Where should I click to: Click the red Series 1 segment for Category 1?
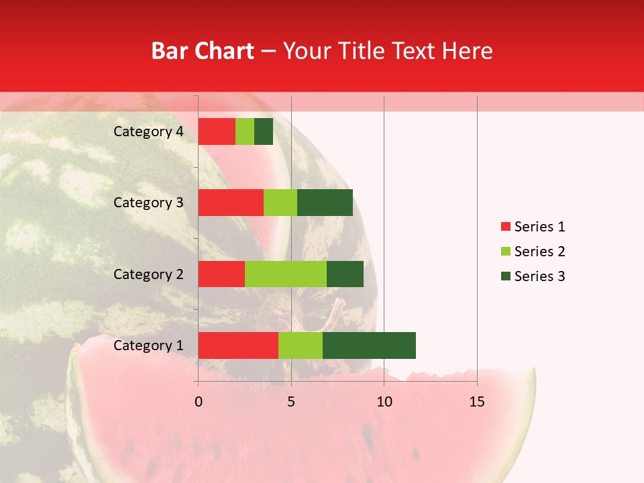pos(238,345)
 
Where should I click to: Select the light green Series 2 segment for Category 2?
pos(286,274)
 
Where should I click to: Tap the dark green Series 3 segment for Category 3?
pos(325,203)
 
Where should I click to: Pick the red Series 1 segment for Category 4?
pos(217,131)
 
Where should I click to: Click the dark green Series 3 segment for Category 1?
pos(369,345)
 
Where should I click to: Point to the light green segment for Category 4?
pos(245,131)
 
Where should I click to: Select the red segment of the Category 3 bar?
pos(231,203)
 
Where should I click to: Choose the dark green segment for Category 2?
pos(345,274)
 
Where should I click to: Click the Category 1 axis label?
pos(148,345)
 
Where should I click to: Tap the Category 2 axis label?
pos(148,274)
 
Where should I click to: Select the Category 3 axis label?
pos(148,203)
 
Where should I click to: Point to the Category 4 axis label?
pos(148,131)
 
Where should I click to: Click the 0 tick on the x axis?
pos(199,402)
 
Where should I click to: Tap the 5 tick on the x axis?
pos(291,402)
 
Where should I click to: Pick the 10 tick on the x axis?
pos(384,402)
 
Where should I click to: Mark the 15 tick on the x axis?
pos(477,402)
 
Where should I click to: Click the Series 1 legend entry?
pos(533,227)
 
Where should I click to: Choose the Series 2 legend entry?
pos(533,252)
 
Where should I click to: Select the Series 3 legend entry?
pos(533,276)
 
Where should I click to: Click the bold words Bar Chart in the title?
pos(203,51)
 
